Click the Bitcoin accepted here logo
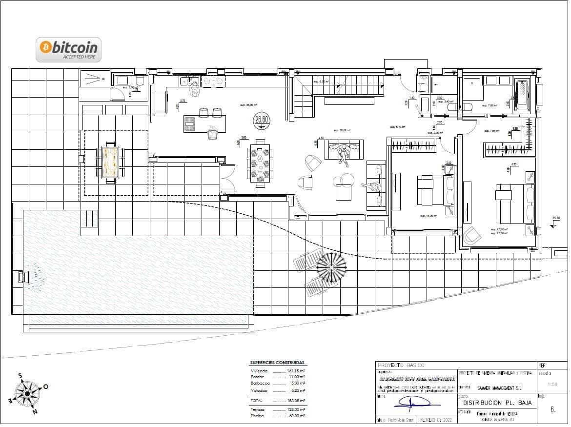click(69, 50)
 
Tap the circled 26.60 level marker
click(262, 120)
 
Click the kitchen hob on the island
click(190, 124)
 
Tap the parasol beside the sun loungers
click(331, 267)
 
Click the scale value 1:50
click(552, 385)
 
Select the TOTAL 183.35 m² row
click(277, 400)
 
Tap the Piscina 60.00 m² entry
click(277, 416)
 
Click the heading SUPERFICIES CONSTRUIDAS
click(277, 363)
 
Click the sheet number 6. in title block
click(552, 410)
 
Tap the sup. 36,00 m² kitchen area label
click(248, 105)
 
